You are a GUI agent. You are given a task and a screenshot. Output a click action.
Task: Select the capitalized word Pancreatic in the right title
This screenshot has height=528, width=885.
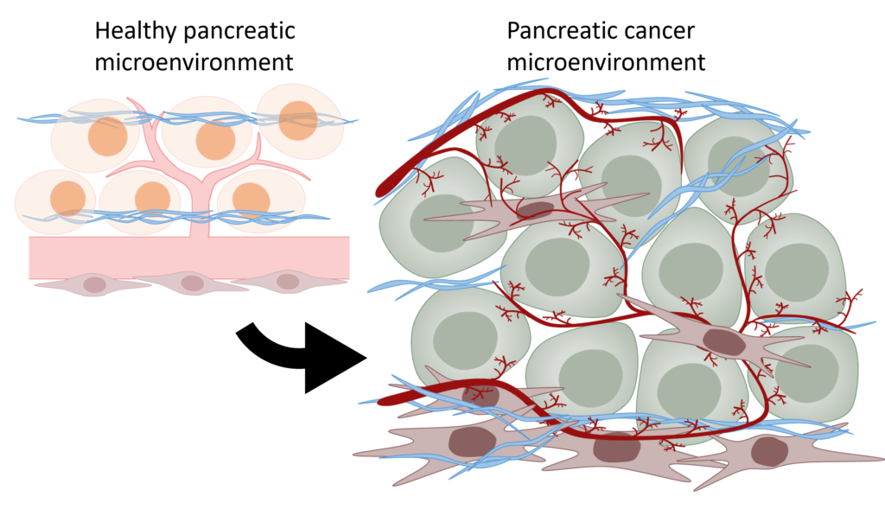point(558,31)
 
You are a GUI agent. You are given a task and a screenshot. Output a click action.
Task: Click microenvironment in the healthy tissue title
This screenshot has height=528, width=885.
point(194,62)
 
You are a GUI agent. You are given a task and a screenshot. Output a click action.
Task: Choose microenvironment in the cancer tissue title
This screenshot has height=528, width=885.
point(606,62)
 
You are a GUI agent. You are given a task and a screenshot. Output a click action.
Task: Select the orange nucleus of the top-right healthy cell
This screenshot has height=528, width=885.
point(299,119)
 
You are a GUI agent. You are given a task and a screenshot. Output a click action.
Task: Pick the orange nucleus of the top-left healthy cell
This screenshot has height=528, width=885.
point(107,137)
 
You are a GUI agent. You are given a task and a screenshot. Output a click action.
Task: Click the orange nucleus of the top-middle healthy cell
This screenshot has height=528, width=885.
point(215,140)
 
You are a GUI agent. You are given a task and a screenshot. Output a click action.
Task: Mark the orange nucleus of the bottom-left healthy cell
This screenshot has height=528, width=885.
point(67,198)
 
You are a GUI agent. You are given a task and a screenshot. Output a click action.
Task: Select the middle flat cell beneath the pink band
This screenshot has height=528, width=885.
point(192,283)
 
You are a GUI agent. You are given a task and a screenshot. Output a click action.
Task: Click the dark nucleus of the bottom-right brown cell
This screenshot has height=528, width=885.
point(768,451)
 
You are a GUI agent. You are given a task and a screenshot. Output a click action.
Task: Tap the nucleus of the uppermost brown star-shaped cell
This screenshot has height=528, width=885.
point(535,210)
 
